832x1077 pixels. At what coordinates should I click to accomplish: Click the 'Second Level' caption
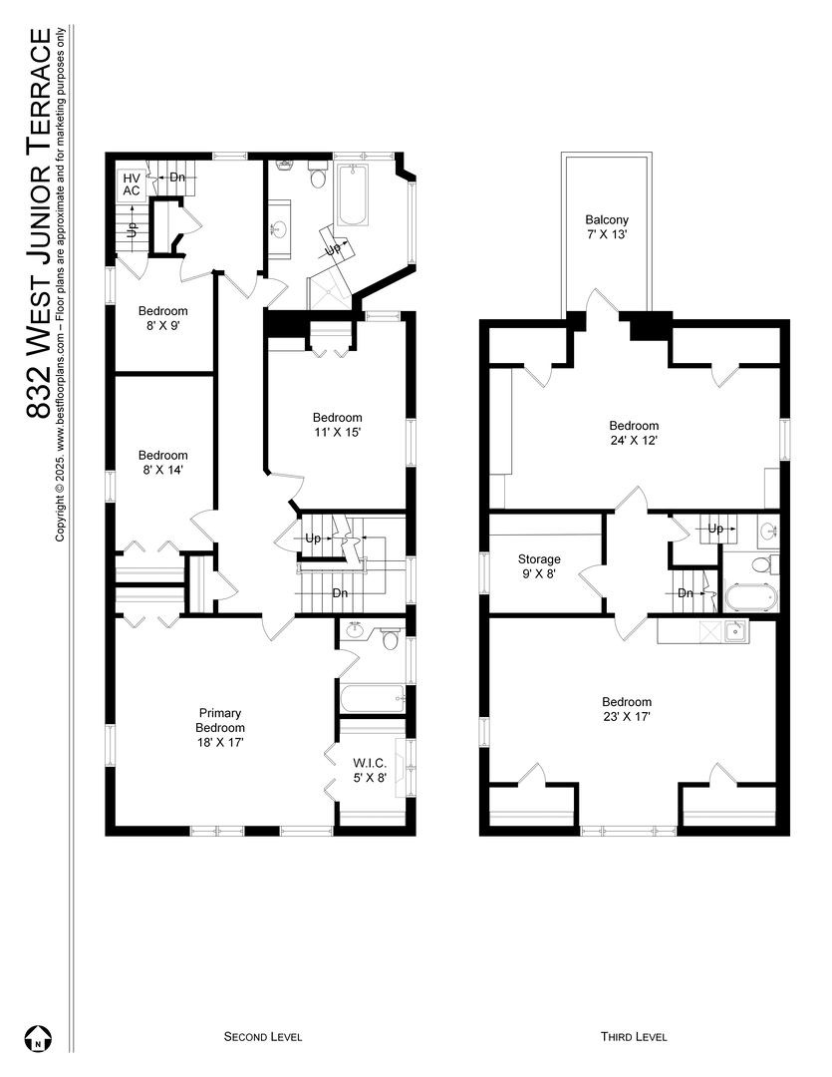[262, 1037]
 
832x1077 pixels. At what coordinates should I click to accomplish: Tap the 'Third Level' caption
[634, 1037]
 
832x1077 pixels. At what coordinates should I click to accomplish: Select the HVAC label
[132, 183]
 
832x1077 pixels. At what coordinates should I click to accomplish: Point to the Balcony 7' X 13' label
[606, 227]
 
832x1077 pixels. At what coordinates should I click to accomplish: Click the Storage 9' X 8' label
[539, 566]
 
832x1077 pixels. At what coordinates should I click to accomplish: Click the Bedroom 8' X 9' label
[162, 317]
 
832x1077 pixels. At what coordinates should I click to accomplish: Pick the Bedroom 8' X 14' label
[162, 462]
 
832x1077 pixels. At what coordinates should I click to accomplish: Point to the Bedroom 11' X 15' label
[337, 425]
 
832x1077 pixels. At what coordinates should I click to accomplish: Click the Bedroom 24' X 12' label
[635, 433]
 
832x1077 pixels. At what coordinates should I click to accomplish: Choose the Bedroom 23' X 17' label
[627, 709]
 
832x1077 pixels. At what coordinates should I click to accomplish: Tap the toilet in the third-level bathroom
[763, 564]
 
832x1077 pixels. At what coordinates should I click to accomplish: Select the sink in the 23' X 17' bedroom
[735, 629]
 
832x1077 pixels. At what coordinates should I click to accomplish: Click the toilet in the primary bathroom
[390, 639]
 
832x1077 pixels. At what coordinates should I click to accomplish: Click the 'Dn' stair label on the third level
[685, 592]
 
